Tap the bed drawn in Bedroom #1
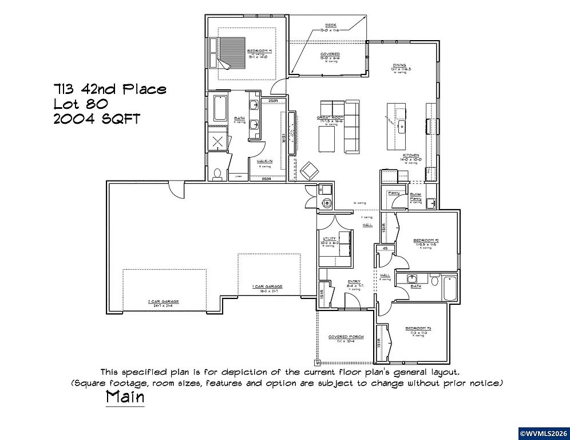(x=230, y=52)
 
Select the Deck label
(x=330, y=25)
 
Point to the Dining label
(x=399, y=65)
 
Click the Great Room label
(x=330, y=117)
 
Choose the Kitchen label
(x=411, y=155)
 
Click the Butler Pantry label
(x=415, y=197)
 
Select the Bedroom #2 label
(x=426, y=240)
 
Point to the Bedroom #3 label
(x=418, y=329)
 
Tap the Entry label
(x=354, y=281)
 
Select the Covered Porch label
(x=342, y=337)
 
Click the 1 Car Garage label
(x=267, y=286)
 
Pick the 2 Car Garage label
(x=163, y=301)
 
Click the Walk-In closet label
(x=264, y=161)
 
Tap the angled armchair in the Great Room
(x=310, y=170)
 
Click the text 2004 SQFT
(x=96, y=119)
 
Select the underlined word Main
(x=125, y=396)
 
